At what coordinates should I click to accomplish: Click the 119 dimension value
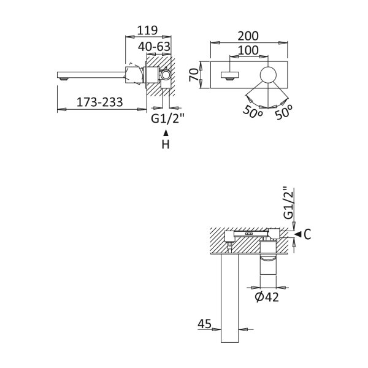(147, 30)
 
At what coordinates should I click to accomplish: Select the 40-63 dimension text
(154, 47)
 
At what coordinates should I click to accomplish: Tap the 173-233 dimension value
(100, 102)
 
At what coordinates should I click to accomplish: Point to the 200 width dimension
(248, 36)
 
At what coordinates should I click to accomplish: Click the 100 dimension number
(248, 50)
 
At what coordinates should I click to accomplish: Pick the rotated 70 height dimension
(194, 75)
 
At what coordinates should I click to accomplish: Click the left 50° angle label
(253, 112)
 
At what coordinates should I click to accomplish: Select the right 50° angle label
(283, 112)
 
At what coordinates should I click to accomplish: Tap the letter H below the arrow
(166, 144)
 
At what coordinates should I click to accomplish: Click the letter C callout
(307, 234)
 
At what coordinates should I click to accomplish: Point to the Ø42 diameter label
(267, 297)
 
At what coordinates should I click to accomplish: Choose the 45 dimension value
(204, 324)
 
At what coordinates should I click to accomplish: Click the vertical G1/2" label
(288, 203)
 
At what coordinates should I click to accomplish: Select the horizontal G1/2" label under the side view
(167, 118)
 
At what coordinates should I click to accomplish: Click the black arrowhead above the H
(166, 133)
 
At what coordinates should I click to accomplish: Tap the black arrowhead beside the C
(298, 234)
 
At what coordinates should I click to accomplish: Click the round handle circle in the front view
(268, 75)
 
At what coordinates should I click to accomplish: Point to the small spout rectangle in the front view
(230, 75)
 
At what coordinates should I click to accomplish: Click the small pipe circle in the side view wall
(166, 75)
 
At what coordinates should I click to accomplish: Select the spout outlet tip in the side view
(64, 79)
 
